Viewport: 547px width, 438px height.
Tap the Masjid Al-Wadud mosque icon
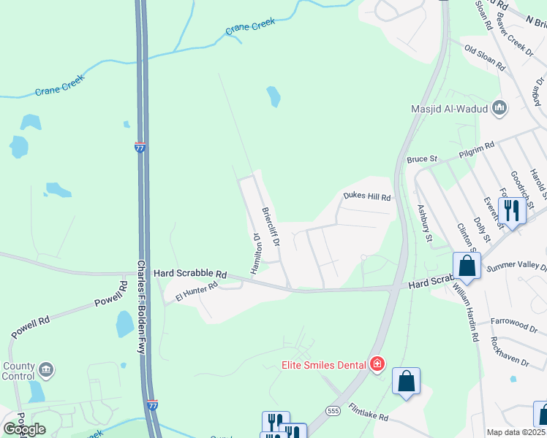coord(500,109)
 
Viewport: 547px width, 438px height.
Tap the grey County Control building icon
coord(46,371)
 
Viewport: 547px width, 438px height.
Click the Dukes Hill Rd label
coord(367,196)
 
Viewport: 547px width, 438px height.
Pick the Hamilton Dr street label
coord(256,253)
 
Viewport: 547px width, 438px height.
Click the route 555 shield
coord(333,411)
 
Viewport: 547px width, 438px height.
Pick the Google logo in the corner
coord(24,429)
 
